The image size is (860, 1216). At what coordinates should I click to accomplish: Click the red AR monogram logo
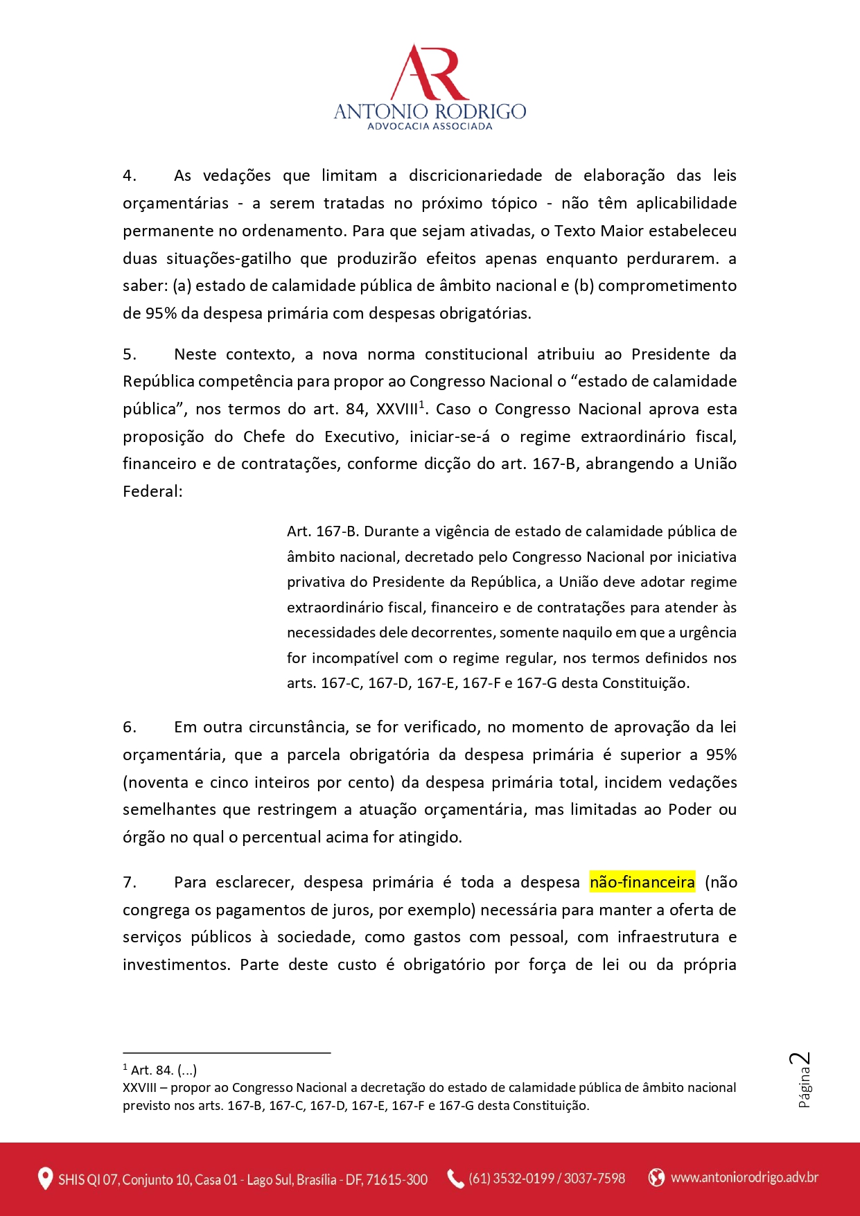click(430, 73)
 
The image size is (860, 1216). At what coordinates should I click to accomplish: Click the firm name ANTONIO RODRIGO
click(430, 111)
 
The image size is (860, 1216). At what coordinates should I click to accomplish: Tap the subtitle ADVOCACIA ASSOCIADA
click(430, 126)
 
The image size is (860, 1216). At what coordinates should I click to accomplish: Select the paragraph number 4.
click(129, 176)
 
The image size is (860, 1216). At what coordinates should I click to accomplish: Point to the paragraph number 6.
click(129, 728)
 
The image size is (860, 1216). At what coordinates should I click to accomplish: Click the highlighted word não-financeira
click(642, 882)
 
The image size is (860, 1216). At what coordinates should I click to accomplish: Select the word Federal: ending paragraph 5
click(152, 491)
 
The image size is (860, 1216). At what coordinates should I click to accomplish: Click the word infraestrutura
click(667, 937)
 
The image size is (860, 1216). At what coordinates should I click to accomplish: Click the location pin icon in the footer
click(45, 1179)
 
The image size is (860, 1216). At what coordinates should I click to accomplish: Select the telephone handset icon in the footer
click(455, 1179)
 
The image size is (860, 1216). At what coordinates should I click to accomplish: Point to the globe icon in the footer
click(656, 1177)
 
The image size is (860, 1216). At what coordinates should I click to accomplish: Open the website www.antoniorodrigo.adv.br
click(744, 1177)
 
